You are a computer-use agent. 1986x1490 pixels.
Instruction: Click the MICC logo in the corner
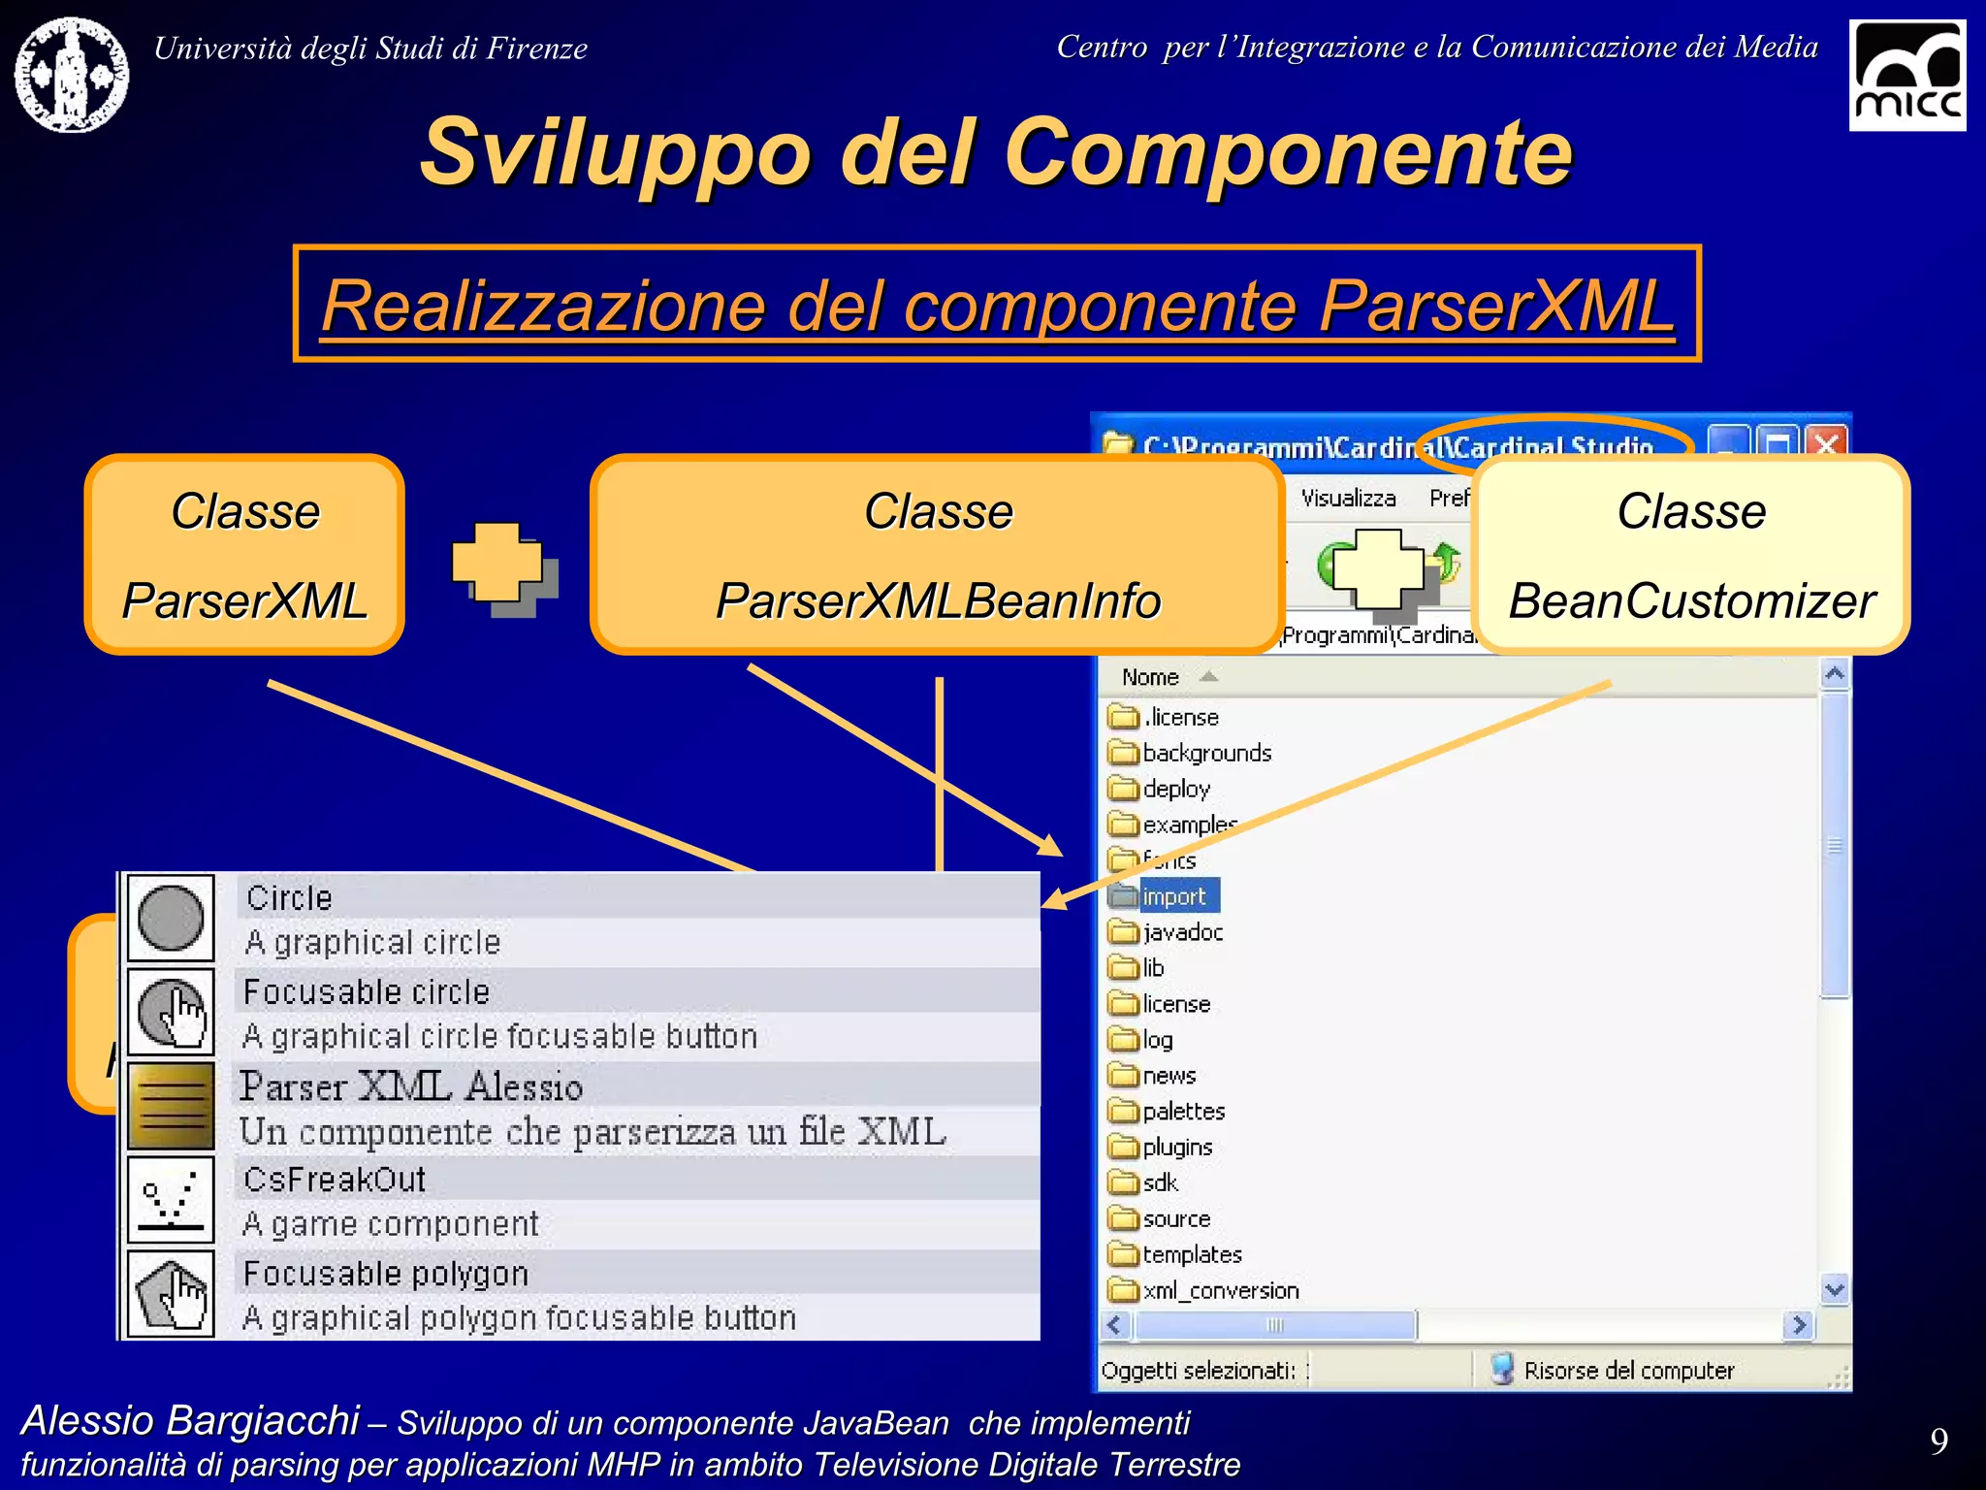(x=1906, y=76)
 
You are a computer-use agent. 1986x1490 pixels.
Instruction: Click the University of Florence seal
(x=71, y=75)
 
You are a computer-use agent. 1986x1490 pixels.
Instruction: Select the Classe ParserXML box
(x=244, y=555)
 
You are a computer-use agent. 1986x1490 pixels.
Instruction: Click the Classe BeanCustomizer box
(x=1691, y=555)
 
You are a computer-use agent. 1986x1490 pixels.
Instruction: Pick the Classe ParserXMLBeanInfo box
(x=937, y=555)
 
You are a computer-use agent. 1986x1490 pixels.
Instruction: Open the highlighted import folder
(x=1172, y=896)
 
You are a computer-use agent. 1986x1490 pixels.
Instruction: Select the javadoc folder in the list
(x=1181, y=932)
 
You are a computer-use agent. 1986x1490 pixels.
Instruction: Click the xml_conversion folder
(x=1219, y=1290)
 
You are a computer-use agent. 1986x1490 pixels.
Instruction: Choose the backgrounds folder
(x=1205, y=753)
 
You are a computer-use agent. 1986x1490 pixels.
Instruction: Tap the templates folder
(x=1191, y=1254)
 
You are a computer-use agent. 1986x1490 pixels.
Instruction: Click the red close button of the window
(x=1826, y=445)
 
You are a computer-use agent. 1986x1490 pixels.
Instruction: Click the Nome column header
(x=1150, y=677)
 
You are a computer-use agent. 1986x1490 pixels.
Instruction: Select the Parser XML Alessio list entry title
(x=411, y=1086)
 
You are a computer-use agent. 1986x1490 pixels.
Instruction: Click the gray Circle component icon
(x=171, y=918)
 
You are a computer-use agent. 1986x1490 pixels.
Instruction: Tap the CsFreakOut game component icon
(x=171, y=1200)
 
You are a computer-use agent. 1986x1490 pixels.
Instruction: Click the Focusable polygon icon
(x=171, y=1294)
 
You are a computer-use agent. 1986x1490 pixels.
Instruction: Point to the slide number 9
(x=1938, y=1441)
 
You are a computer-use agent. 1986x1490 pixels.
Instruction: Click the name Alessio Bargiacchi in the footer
(x=190, y=1420)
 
